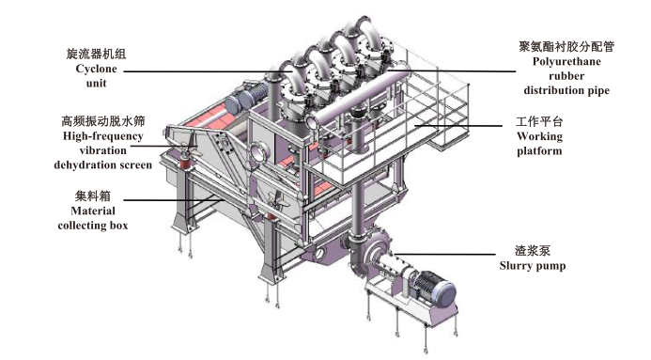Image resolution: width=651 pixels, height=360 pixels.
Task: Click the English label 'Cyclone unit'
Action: pyautogui.click(x=97, y=76)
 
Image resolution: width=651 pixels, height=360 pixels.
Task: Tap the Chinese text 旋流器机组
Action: pyautogui.click(x=97, y=54)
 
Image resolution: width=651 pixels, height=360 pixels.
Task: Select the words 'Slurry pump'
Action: pyautogui.click(x=533, y=266)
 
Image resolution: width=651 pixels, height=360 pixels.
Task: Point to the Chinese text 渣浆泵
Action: pyautogui.click(x=533, y=250)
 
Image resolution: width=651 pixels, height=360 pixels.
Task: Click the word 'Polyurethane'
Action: pyautogui.click(x=566, y=61)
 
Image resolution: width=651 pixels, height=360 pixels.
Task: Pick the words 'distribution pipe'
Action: pyautogui.click(x=566, y=90)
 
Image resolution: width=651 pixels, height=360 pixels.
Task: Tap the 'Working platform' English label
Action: pyautogui.click(x=540, y=143)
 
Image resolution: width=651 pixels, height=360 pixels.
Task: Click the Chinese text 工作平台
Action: pyautogui.click(x=539, y=121)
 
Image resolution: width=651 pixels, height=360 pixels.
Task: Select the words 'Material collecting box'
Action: pyautogui.click(x=93, y=218)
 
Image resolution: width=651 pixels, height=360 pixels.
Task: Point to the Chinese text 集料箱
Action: pyautogui.click(x=93, y=196)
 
